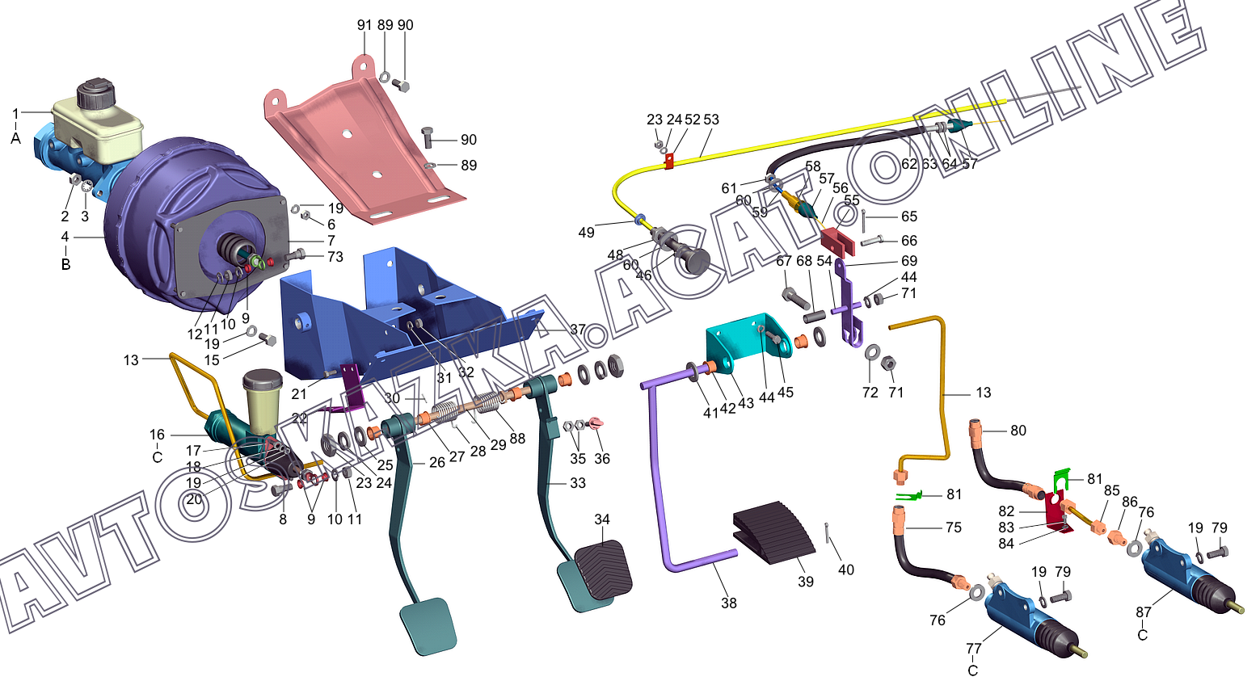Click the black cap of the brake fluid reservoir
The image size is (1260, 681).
click(95, 94)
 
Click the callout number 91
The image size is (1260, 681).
click(365, 25)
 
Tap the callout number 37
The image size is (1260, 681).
click(578, 329)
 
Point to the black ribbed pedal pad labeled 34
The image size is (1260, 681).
click(603, 568)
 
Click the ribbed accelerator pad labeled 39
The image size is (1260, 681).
click(773, 532)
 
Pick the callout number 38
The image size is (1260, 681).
click(728, 603)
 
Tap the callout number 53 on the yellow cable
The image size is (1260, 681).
click(711, 120)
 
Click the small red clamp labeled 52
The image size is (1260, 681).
click(669, 162)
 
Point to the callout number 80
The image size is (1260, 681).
click(1018, 431)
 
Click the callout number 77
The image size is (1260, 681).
click(974, 649)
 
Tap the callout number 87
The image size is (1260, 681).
click(1144, 612)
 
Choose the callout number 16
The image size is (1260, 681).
click(157, 435)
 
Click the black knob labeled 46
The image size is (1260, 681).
click(696, 262)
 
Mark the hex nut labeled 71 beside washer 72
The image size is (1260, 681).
click(887, 364)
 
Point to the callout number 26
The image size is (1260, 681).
click(437, 462)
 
